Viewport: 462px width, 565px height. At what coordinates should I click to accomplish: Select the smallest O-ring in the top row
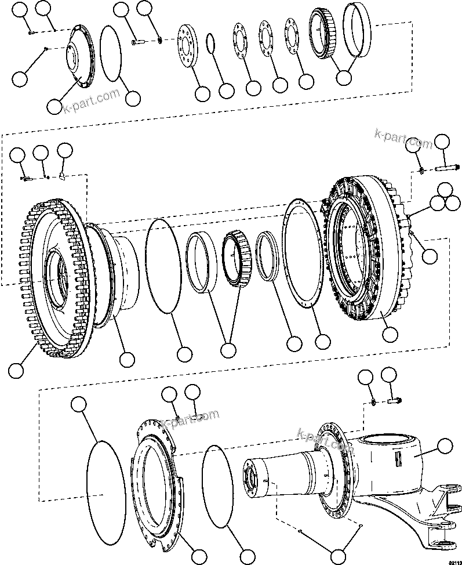[x=212, y=44]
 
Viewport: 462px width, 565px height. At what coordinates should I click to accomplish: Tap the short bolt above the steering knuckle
[x=396, y=400]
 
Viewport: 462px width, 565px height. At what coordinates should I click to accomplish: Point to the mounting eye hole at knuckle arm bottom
[x=445, y=544]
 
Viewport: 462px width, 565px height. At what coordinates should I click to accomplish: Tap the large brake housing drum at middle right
[x=365, y=249]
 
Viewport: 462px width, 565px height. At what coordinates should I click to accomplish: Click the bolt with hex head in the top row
[x=137, y=41]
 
